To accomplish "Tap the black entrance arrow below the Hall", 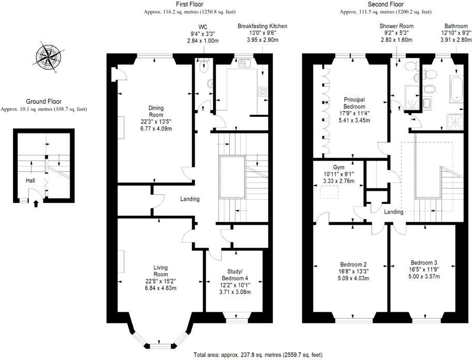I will point(36,203).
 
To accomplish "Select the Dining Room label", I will point(156,111).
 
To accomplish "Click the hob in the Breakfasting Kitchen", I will point(262,93).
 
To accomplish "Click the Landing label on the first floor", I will point(189,199).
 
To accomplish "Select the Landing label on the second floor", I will point(394,212).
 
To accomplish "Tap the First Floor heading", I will point(179,4).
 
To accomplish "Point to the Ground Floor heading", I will point(43,102).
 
